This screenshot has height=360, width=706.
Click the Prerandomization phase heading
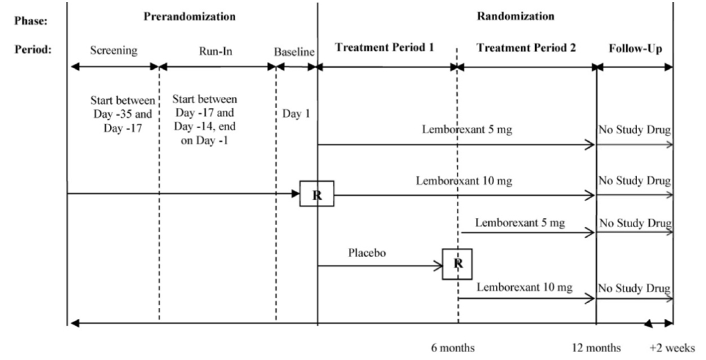[x=190, y=17]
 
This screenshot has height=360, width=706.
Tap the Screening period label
[x=114, y=50]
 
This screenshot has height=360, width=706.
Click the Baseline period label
[x=294, y=50]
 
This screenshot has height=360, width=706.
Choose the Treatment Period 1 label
[x=385, y=48]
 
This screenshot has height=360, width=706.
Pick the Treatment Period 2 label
[x=526, y=48]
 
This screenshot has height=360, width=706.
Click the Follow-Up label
[x=635, y=48]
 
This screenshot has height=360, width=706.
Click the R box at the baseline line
[x=317, y=194]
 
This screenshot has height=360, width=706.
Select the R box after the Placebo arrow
[x=457, y=264]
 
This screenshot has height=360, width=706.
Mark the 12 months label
[x=596, y=347]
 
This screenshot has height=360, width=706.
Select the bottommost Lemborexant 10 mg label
[x=525, y=288]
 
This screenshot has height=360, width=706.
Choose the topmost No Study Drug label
[x=634, y=130]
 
